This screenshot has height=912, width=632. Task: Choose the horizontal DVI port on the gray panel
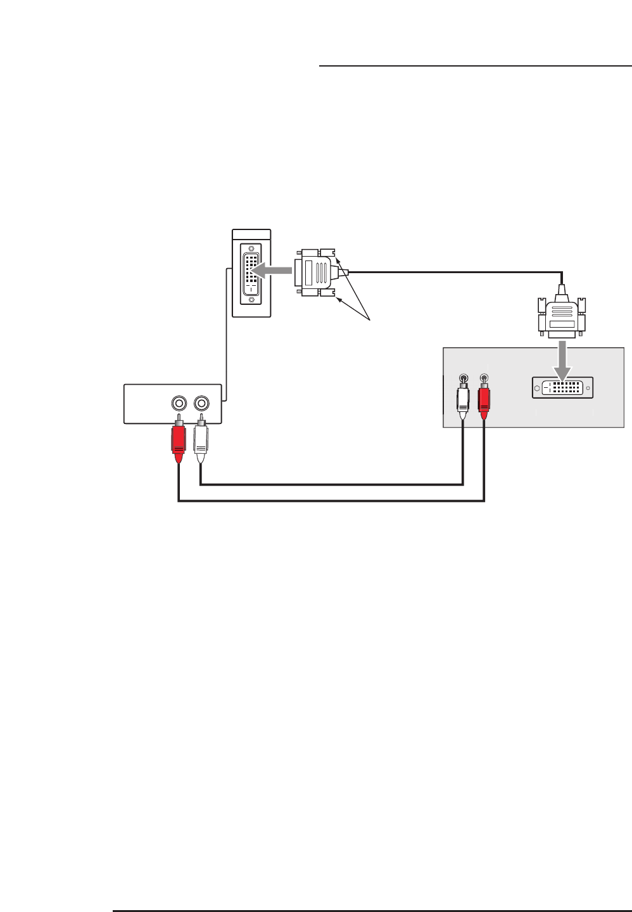(x=563, y=389)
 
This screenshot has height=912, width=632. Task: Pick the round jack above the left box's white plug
(x=201, y=402)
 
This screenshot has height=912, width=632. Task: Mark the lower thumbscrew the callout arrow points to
(x=327, y=293)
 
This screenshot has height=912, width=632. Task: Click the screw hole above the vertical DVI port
(x=252, y=248)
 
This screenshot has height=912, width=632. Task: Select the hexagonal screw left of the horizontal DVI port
(x=538, y=389)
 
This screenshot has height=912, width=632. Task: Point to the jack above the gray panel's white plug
(x=464, y=378)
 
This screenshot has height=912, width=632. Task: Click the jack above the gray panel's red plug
(x=484, y=378)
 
